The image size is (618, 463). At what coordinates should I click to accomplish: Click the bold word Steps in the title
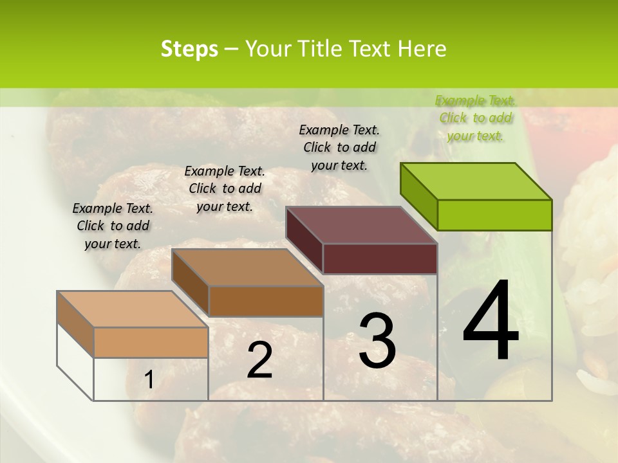189,49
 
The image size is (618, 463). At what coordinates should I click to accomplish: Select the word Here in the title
422,49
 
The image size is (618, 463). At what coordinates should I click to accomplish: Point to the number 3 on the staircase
377,340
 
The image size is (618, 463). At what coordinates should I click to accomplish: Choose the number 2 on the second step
259,360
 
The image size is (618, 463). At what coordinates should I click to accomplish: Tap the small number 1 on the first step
149,380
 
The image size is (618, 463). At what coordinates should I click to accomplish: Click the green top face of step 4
476,181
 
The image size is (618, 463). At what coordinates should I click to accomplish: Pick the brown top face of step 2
247,267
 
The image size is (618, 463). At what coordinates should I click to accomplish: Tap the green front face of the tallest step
494,215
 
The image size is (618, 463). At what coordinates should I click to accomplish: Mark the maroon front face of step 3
380,259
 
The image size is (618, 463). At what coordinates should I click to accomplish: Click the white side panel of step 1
75,361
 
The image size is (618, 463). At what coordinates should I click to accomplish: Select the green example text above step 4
476,118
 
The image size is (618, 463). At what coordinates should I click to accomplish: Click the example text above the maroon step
339,147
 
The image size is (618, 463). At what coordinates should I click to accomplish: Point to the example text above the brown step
225,188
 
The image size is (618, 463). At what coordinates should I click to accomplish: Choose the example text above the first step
113,226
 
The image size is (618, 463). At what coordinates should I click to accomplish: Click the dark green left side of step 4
419,196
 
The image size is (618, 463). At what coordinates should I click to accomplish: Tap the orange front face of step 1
151,342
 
